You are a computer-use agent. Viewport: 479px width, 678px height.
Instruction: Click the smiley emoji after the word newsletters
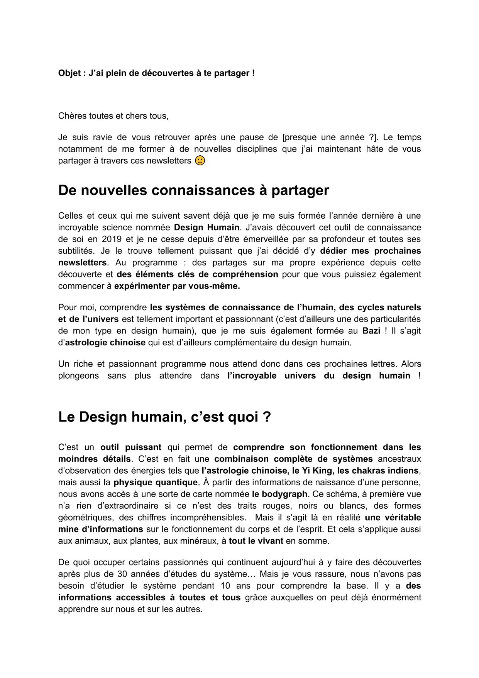(x=200, y=161)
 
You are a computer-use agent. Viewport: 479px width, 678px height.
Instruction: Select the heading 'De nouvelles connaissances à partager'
(x=193, y=190)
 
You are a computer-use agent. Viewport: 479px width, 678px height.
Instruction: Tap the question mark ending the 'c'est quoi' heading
(x=267, y=417)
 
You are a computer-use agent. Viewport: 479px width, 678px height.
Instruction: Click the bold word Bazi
(x=371, y=331)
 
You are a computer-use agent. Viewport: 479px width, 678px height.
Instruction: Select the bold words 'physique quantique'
(x=155, y=483)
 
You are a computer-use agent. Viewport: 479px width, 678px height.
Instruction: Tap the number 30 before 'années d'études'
(x=122, y=574)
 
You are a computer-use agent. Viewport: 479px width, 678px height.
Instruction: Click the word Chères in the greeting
(x=70, y=116)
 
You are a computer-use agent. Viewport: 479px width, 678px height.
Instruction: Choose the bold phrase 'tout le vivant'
(x=256, y=541)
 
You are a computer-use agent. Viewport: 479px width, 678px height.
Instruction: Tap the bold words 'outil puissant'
(x=131, y=447)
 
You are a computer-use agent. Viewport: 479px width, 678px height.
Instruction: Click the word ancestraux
(x=399, y=459)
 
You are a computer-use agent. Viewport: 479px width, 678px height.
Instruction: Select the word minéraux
(x=200, y=541)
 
